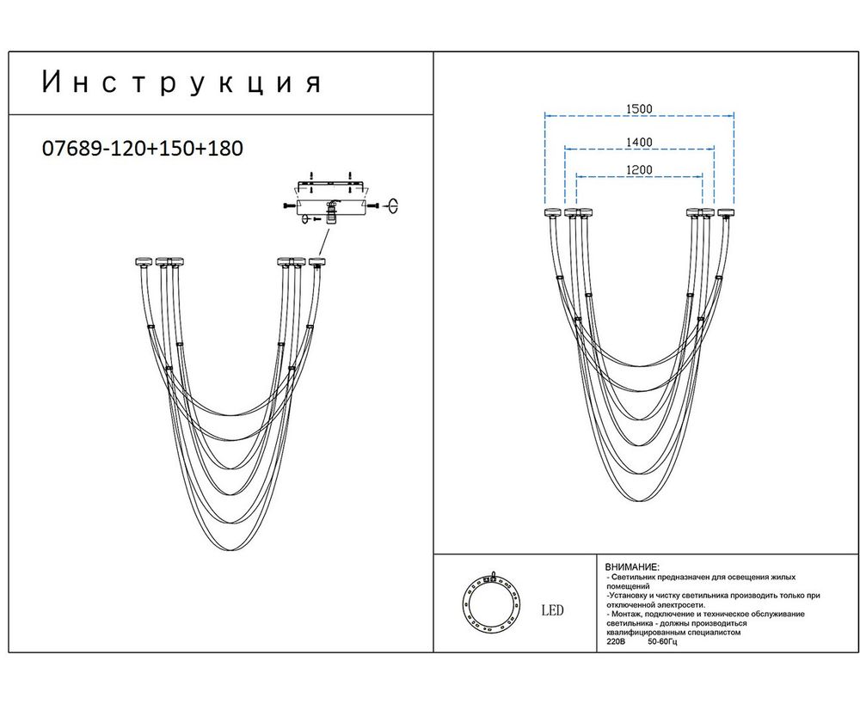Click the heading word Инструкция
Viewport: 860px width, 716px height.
click(x=181, y=83)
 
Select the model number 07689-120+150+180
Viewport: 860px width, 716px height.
click(x=142, y=148)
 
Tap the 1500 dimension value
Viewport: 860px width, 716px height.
click(x=639, y=109)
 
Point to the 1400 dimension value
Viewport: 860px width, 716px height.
click(x=639, y=142)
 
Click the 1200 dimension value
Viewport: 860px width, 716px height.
click(x=639, y=169)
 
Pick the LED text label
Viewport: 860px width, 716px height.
click(x=553, y=611)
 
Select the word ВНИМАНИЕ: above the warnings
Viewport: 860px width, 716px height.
click(x=632, y=568)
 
